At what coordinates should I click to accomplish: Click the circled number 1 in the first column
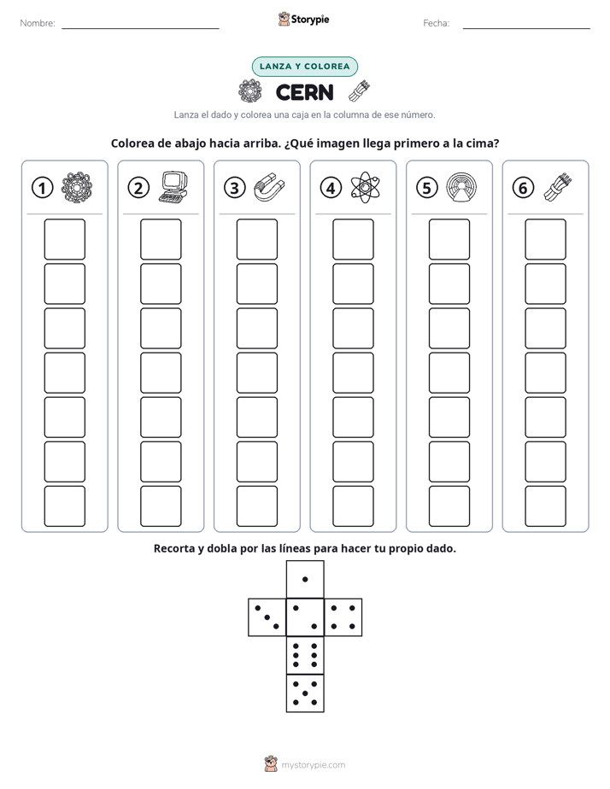tap(42, 188)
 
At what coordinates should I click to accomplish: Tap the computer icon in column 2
tap(173, 187)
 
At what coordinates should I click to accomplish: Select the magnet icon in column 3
tap(269, 187)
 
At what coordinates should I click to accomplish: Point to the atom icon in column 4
tap(366, 187)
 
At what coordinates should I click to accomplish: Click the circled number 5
tap(427, 188)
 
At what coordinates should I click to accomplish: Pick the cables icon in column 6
tap(558, 187)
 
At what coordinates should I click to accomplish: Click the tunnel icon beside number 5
tap(461, 187)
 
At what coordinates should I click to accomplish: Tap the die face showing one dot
tap(305, 580)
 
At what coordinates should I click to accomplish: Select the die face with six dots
tap(305, 655)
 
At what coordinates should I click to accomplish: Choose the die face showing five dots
tap(305, 693)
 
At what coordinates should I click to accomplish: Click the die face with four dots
tap(343, 617)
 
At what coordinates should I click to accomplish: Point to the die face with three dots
tap(267, 617)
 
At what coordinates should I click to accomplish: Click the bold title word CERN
tap(304, 92)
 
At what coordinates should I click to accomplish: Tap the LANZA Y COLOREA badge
tap(304, 67)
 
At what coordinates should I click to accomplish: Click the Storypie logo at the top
tap(303, 19)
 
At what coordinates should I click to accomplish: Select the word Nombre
tap(38, 23)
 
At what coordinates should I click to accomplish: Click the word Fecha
tap(436, 23)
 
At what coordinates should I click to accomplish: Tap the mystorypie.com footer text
tap(313, 765)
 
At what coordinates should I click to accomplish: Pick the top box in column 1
tap(64, 239)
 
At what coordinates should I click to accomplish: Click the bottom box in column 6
tap(545, 506)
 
